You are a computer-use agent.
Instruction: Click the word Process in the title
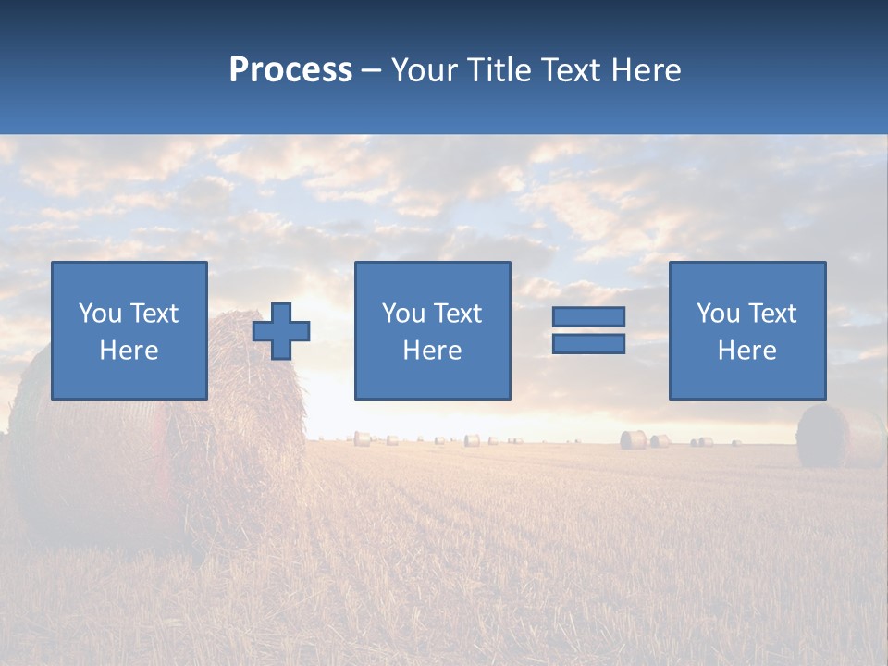point(290,70)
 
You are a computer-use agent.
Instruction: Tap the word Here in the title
point(645,70)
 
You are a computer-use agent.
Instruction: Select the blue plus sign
point(281,331)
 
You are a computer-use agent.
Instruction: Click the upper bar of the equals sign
point(588,317)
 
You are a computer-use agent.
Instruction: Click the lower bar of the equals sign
point(588,343)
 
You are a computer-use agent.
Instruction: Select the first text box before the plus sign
point(129,330)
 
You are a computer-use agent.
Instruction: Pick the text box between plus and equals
point(432,330)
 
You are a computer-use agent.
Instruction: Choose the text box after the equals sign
point(747,330)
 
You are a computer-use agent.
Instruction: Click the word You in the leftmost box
point(100,314)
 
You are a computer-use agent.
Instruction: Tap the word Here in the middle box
point(432,351)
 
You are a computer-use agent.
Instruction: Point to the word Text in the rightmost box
point(772,314)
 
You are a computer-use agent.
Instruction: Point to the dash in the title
point(372,70)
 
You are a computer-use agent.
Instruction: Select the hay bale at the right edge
point(837,436)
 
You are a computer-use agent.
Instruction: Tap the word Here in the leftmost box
point(129,351)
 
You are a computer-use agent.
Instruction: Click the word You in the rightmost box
point(718,314)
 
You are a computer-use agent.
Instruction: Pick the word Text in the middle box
point(458,314)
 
